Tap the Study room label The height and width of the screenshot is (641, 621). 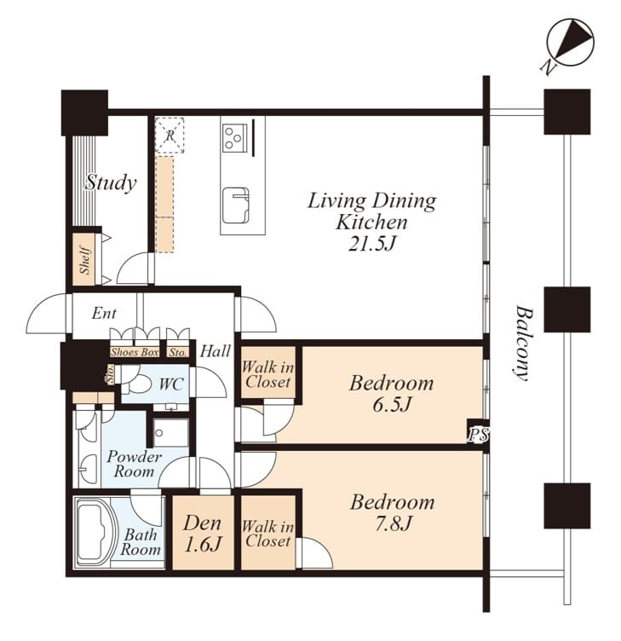110,182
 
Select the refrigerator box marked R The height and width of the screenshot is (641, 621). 170,136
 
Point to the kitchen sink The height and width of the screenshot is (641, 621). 236,205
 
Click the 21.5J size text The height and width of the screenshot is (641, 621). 372,244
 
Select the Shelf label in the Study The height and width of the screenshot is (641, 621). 85,260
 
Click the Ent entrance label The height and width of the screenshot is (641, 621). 104,314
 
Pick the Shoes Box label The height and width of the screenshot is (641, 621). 135,352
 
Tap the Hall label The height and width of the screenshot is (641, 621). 216,351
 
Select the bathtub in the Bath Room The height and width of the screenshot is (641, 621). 97,532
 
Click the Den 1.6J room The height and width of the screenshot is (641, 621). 203,533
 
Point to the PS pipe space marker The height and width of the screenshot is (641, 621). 478,435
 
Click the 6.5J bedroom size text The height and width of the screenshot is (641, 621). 391,404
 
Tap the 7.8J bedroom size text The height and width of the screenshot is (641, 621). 393,523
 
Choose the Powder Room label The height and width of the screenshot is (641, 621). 134,464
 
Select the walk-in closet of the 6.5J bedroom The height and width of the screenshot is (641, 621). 267,372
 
